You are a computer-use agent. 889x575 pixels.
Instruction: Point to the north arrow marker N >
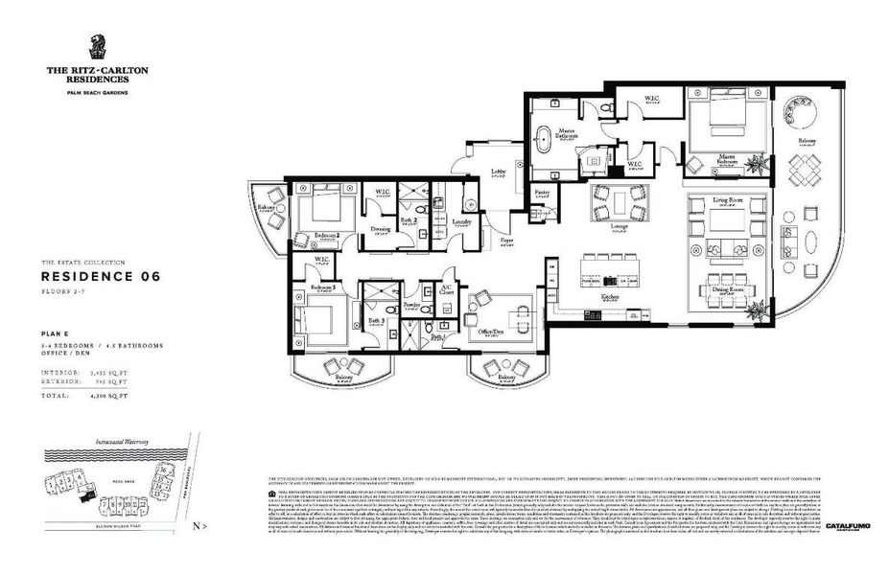199,526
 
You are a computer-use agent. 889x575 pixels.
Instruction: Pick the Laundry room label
461,221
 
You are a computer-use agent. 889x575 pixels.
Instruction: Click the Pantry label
542,193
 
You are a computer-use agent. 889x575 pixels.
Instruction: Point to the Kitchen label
610,297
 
